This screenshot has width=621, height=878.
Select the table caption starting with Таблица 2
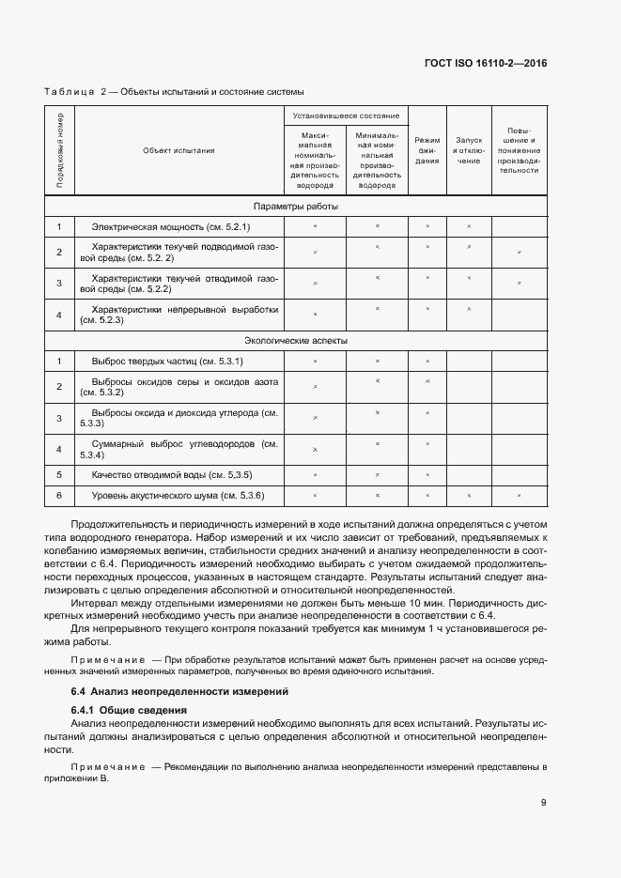point(174,91)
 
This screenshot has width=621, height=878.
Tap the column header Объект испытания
point(179,149)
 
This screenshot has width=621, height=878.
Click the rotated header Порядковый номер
point(59,149)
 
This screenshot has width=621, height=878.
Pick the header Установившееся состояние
point(346,116)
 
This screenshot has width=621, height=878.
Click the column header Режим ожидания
point(427,149)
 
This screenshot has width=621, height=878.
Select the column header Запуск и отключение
point(469,149)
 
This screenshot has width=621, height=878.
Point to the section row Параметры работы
point(296,206)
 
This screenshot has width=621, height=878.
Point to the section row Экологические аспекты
point(296,340)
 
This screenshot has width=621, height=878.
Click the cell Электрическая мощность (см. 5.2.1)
point(171,227)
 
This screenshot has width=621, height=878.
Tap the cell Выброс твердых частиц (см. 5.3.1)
point(167,362)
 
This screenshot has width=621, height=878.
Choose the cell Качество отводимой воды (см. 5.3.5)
point(172,474)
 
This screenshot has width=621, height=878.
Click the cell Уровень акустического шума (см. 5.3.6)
point(178,496)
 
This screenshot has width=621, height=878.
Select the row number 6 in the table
point(59,496)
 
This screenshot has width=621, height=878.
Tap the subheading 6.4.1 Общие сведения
point(130,710)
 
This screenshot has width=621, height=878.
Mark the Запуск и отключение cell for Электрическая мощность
point(469,227)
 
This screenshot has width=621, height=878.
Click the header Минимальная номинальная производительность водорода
point(377,160)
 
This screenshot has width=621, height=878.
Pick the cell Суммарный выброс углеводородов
point(179,449)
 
